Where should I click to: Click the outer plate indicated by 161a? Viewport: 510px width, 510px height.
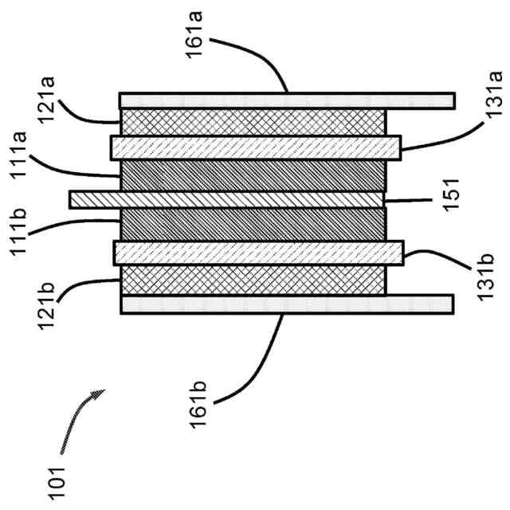coord(287,100)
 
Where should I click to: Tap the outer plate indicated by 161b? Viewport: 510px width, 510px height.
coord(287,304)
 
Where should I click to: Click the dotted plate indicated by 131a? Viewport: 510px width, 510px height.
coord(255,147)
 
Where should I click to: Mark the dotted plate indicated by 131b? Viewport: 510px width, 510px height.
coord(259,253)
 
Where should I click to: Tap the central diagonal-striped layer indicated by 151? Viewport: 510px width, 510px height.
coord(227,199)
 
